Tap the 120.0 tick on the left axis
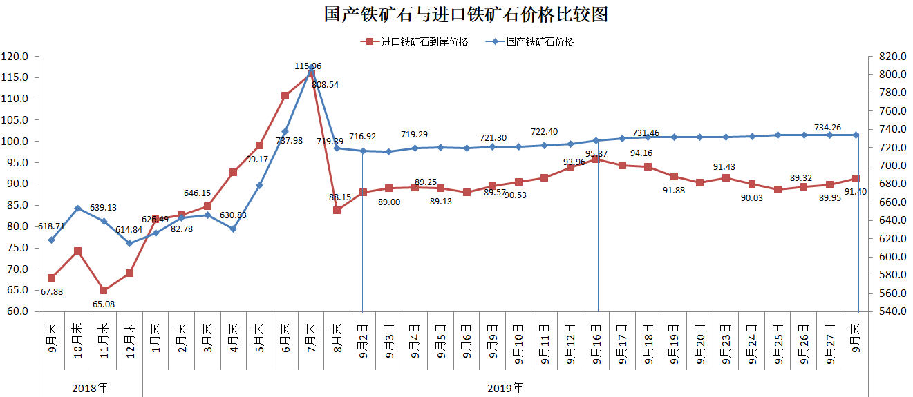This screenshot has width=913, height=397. coord(15,57)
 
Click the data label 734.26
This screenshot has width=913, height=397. coord(831,127)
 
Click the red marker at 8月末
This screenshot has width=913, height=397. coord(337,210)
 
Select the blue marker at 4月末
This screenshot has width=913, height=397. coord(233,229)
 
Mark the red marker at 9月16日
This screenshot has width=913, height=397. coord(596,159)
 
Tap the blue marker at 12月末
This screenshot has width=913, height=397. coord(129,243)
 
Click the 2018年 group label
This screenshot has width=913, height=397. coord(90,387)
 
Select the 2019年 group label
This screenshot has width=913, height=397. coord(505,387)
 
